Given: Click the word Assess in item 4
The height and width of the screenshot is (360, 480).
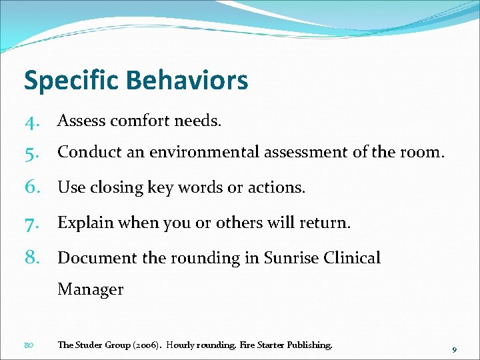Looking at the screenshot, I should point(81,121).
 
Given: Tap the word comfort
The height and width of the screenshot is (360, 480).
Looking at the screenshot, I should point(141,121).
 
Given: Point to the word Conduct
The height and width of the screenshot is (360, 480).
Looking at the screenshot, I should point(86,152).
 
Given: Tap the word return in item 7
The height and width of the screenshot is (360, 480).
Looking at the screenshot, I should point(325,223).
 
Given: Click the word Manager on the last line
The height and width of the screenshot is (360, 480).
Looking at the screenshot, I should point(90,289).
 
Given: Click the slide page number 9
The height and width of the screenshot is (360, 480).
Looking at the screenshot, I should point(454,350).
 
